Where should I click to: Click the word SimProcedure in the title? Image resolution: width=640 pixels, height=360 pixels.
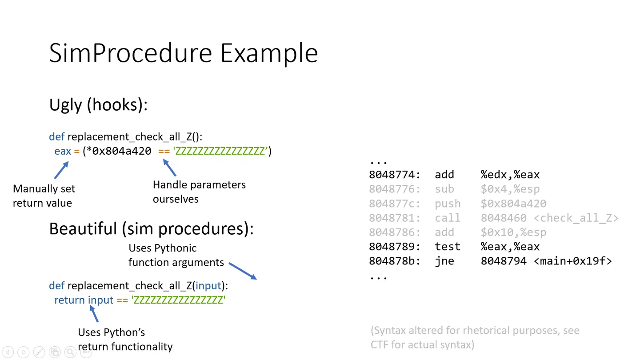(131, 53)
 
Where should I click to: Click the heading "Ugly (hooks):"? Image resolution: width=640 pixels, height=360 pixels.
(98, 105)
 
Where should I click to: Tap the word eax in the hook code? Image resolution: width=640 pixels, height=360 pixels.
(63, 151)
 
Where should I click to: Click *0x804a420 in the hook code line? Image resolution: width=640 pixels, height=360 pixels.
(119, 151)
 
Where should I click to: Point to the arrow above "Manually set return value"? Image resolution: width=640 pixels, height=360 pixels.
(61, 170)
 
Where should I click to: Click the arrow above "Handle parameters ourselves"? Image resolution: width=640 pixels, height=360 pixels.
(169, 168)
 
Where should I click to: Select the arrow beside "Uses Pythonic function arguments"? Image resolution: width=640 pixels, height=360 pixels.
(243, 271)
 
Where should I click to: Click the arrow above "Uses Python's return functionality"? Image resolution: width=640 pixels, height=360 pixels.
(94, 314)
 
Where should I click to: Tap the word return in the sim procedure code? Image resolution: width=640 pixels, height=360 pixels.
(69, 300)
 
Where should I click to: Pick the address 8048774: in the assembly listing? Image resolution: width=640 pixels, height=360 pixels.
(395, 175)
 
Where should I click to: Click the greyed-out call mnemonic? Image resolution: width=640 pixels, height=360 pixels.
(448, 218)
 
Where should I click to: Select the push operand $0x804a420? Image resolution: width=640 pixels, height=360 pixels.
(513, 204)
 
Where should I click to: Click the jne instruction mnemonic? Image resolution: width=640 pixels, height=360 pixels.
(444, 261)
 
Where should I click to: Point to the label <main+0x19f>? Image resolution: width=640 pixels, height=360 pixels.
(572, 261)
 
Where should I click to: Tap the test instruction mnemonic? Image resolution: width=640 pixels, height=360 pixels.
(448, 247)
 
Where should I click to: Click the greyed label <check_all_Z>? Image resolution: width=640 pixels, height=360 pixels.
(576, 218)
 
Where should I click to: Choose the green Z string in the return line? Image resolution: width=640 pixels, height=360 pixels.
(178, 300)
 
